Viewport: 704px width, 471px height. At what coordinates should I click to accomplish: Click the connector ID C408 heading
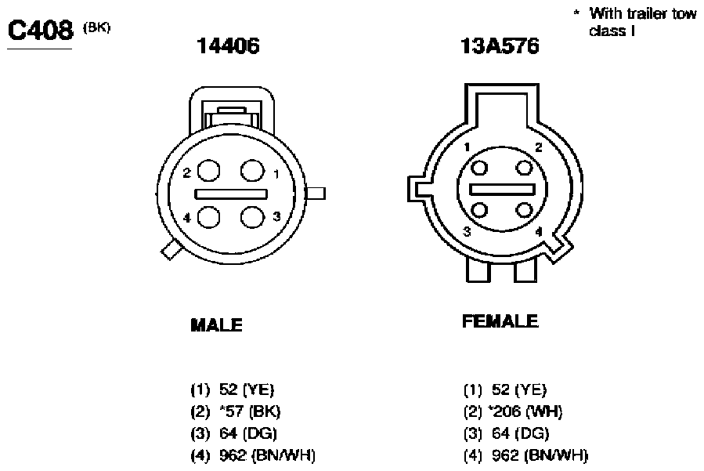(40, 31)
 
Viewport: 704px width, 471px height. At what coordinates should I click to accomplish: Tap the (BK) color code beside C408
(96, 27)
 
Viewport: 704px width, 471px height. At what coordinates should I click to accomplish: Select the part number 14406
(228, 45)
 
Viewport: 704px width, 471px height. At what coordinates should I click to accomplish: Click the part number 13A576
(500, 45)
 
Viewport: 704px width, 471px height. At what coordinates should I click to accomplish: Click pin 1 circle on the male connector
(252, 171)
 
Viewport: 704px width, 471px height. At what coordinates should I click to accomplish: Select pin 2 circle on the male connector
(209, 171)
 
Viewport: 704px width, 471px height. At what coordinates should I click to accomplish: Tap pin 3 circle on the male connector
(252, 217)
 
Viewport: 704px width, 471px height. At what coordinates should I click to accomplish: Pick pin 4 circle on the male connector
(209, 217)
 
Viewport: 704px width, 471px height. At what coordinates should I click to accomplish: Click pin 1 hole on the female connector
(479, 168)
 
